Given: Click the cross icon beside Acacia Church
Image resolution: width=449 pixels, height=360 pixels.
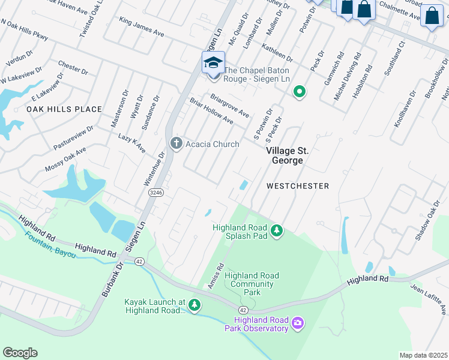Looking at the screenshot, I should pyautogui.click(x=176, y=143).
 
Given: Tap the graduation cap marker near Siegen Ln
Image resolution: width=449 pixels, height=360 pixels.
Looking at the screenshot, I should pyautogui.click(x=213, y=62).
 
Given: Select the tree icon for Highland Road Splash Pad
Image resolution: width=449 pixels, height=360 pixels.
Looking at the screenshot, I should pyautogui.click(x=277, y=230).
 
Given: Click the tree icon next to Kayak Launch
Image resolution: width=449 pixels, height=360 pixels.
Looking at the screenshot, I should pyautogui.click(x=194, y=305).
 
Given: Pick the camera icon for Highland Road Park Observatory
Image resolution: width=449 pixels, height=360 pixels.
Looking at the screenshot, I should pyautogui.click(x=297, y=324).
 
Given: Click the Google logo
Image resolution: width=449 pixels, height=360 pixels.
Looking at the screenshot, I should pyautogui.click(x=20, y=353).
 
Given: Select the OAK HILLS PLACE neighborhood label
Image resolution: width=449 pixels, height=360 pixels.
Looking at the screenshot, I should pyautogui.click(x=64, y=109).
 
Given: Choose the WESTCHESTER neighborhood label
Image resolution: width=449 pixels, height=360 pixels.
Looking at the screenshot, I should pyautogui.click(x=298, y=186).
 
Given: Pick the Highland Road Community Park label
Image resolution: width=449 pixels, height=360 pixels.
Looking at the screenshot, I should pyautogui.click(x=252, y=284).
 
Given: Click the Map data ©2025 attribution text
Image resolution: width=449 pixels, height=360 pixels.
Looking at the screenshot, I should pyautogui.click(x=423, y=355).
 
